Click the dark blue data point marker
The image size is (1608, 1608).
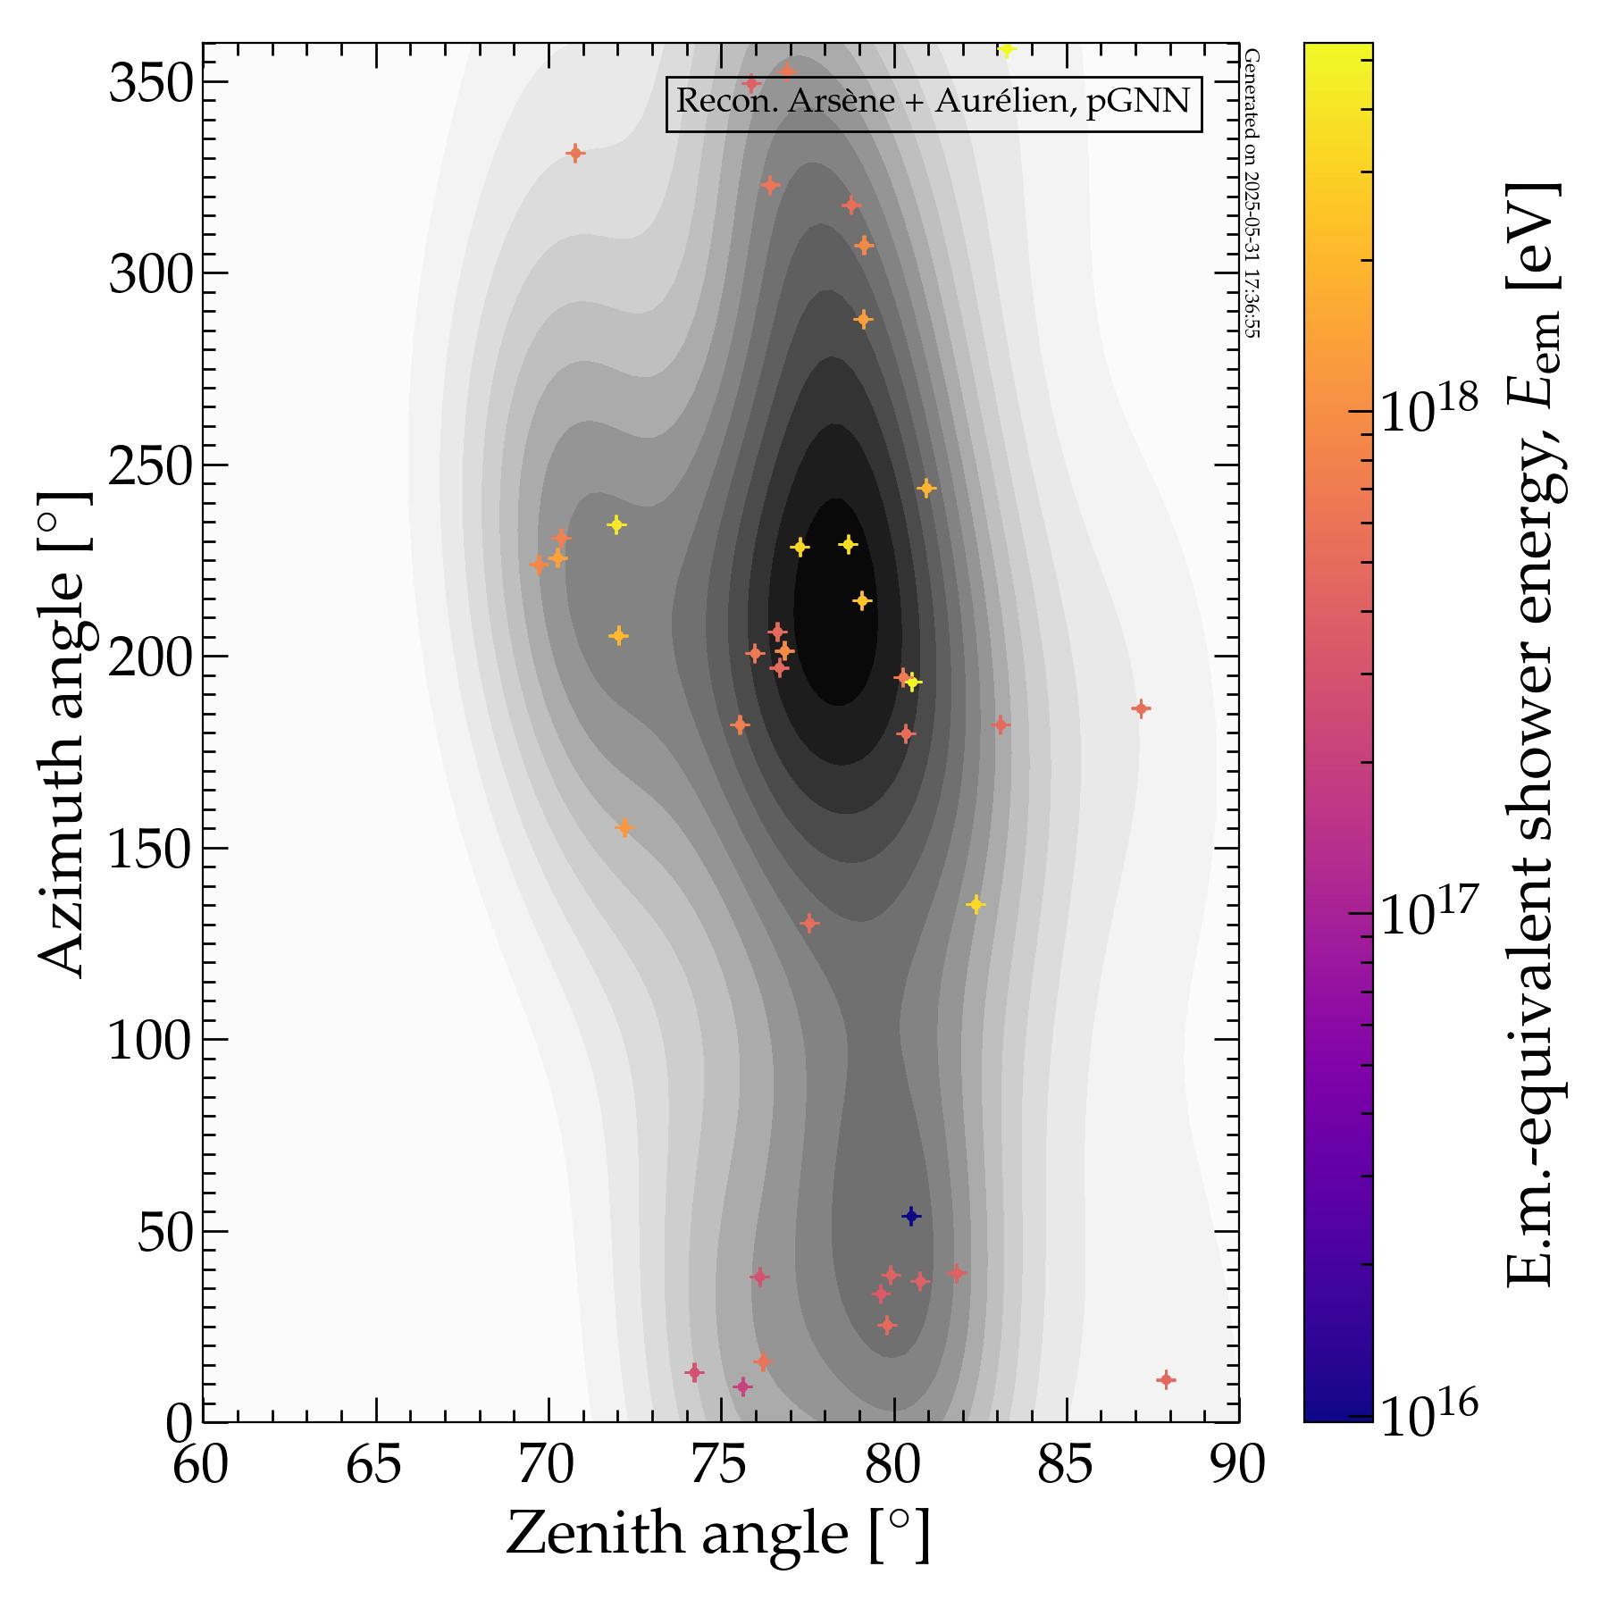[x=911, y=1216]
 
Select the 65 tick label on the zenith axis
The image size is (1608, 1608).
[x=373, y=1466]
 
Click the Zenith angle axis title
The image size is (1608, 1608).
[x=718, y=1535]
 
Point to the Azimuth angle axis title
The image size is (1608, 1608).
[x=62, y=733]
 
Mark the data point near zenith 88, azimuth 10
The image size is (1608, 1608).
[x=1165, y=1380]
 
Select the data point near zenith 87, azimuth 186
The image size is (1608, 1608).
[x=1140, y=709]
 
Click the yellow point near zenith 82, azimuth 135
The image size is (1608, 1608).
[x=976, y=905]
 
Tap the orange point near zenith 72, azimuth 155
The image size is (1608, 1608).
[x=624, y=828]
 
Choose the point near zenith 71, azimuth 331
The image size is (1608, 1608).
[x=575, y=154]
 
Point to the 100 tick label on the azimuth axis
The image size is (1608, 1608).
[x=150, y=1041]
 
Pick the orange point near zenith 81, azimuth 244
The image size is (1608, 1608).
[x=926, y=489]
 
